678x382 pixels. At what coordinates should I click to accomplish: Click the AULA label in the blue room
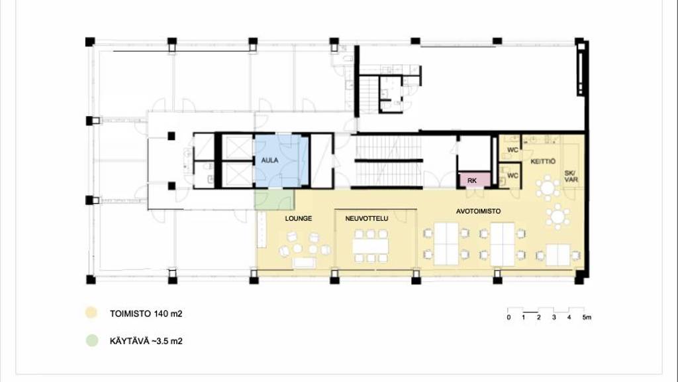tap(270, 160)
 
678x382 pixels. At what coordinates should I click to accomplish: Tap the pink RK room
tap(474, 180)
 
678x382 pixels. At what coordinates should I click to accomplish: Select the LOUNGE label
tap(299, 219)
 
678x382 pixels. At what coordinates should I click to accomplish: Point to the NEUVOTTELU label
tap(367, 219)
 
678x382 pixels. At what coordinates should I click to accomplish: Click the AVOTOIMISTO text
tap(478, 212)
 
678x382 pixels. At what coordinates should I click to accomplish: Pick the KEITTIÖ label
tap(543, 162)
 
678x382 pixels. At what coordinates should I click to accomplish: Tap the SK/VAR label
tap(571, 176)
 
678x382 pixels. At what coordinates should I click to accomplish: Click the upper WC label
tap(512, 150)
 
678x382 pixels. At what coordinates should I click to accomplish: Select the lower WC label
tap(512, 175)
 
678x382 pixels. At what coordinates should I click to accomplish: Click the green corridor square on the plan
tap(274, 199)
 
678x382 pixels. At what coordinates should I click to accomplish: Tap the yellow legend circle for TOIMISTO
tap(91, 313)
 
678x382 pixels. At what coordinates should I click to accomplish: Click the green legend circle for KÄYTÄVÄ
tap(92, 340)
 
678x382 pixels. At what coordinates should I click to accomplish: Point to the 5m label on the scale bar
tap(587, 318)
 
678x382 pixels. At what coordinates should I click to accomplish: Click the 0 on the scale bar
tap(508, 318)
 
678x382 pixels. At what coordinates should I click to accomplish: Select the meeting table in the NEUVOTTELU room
tap(370, 247)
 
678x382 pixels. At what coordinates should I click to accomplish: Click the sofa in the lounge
tap(304, 263)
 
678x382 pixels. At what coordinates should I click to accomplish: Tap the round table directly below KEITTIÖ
tap(548, 188)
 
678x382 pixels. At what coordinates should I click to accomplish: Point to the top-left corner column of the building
tap(90, 42)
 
